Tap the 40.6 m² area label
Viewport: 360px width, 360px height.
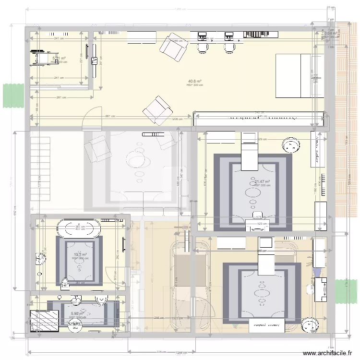[194, 81]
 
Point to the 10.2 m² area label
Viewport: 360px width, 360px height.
[80, 255]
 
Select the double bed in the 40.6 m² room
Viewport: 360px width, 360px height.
[300, 75]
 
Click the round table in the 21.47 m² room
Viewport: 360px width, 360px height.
[291, 144]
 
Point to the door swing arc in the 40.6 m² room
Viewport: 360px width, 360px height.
[91, 118]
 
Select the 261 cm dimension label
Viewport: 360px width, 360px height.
[60, 98]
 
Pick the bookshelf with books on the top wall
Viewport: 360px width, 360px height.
[262, 34]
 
